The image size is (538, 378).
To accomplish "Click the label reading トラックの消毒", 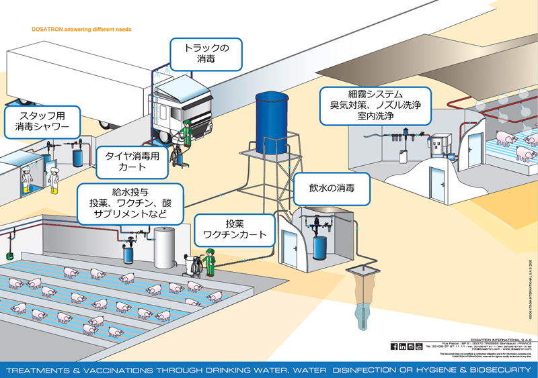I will pos(206,54).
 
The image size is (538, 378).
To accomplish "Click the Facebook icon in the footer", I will pos(394,346).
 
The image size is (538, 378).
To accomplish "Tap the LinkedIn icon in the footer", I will pos(402,346).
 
